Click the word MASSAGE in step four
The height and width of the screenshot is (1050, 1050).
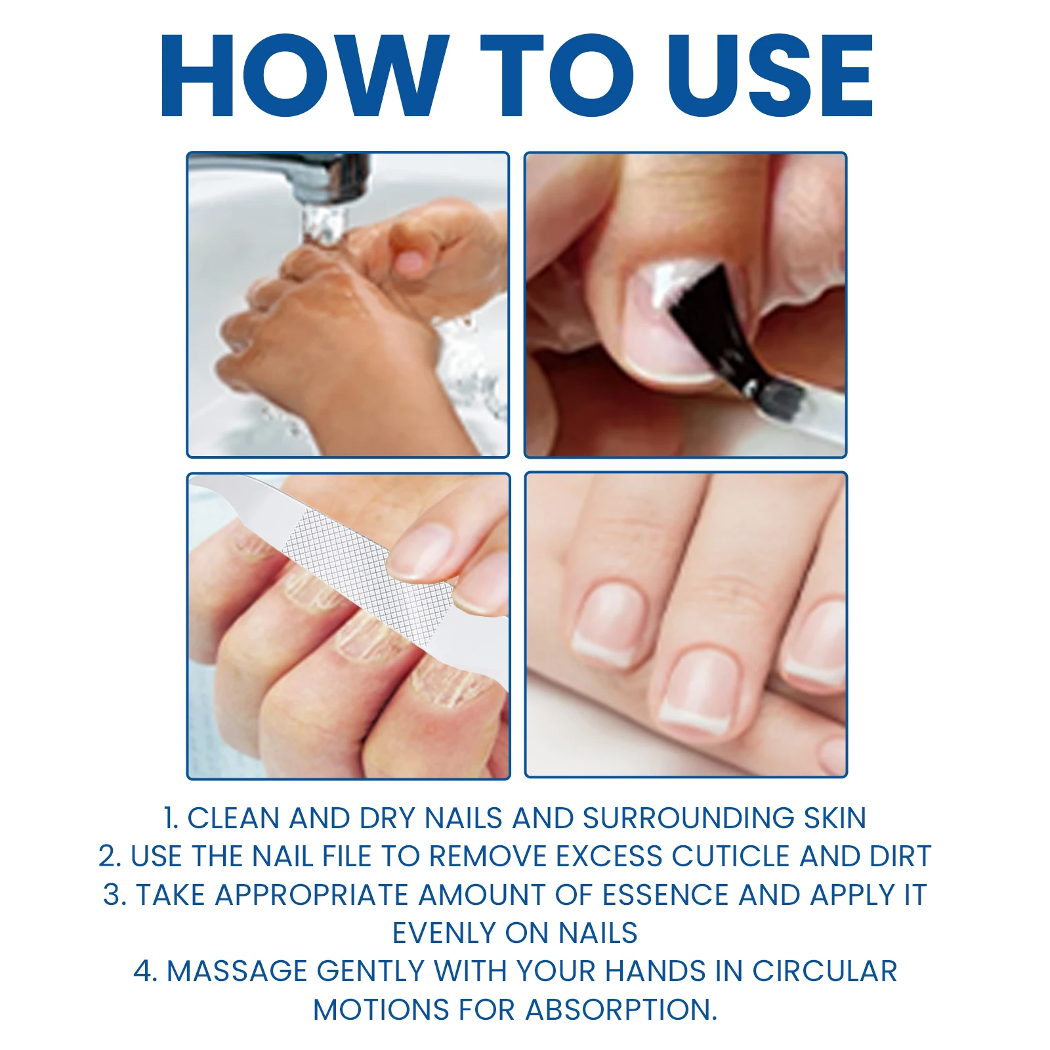[x=236, y=971]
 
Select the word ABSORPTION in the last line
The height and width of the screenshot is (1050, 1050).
[x=621, y=1010]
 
